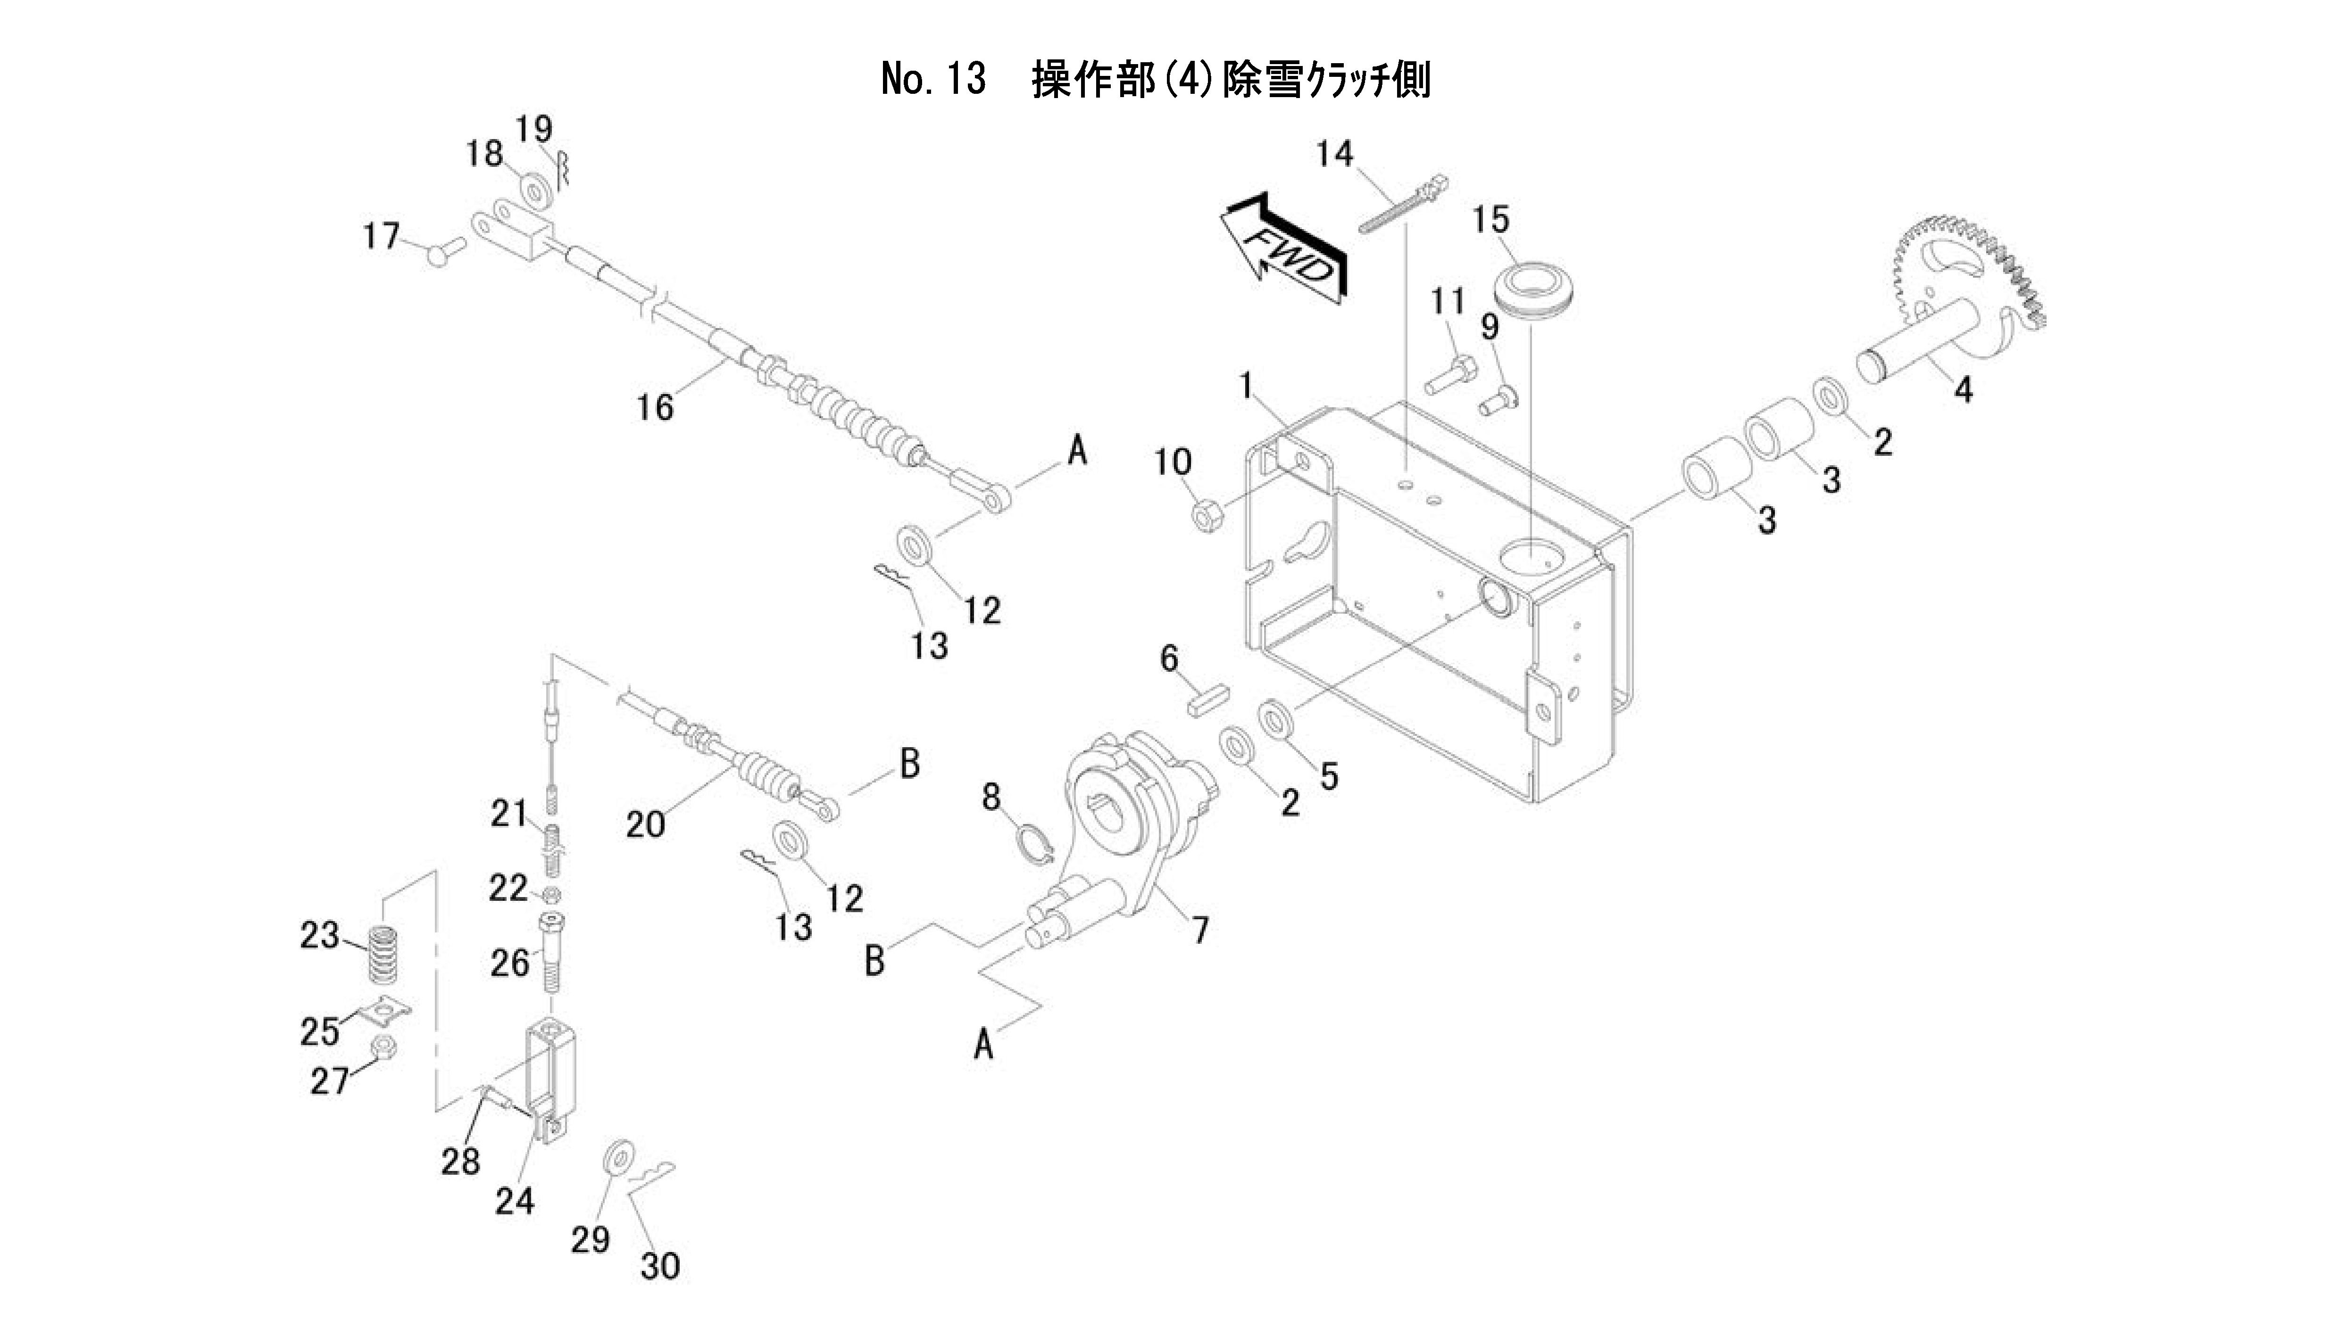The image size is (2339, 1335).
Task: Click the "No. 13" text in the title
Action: click(933, 80)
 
